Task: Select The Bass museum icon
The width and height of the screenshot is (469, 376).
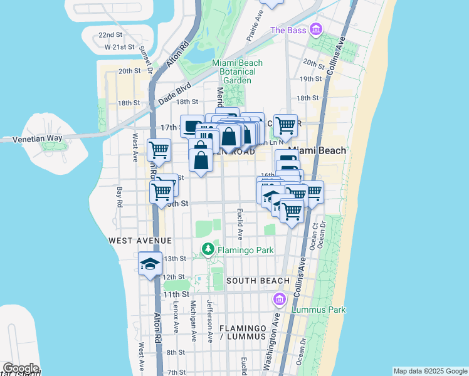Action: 315,29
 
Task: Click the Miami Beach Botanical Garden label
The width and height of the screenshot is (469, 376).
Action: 237,71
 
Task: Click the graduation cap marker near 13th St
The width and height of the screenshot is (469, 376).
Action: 150,264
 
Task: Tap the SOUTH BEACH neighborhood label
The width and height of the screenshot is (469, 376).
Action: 258,281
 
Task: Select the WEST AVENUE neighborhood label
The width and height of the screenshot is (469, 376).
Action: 131,241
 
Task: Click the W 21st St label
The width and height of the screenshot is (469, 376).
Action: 120,47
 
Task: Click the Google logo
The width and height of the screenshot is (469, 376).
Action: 20,368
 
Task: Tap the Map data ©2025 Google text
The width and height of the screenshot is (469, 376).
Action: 430,371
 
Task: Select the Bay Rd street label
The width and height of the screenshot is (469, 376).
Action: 120,196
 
